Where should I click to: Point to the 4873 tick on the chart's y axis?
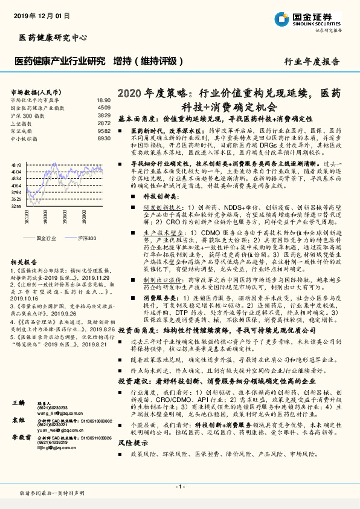17,164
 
